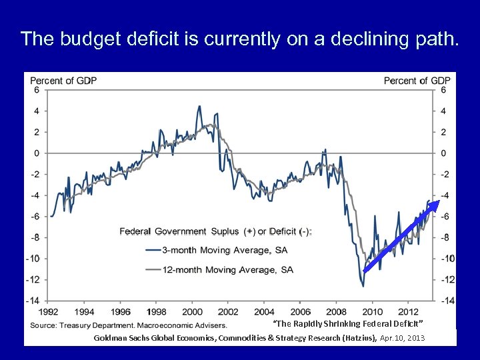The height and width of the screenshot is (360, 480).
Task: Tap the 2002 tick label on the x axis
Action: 228,311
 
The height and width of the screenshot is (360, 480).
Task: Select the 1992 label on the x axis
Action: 47,311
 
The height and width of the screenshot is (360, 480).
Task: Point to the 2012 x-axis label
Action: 408,311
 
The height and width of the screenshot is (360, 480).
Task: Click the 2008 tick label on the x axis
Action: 336,311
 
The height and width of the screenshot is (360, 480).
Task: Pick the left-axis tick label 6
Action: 37,90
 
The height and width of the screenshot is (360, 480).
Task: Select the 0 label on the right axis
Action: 443,153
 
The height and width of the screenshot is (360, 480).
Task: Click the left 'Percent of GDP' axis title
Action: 63,81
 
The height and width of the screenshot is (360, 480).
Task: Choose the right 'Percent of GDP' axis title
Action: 417,81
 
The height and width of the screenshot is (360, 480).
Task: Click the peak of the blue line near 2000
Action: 199,106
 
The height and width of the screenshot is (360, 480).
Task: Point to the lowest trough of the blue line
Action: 363,286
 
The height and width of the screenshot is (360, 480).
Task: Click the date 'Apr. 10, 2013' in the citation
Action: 402,339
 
